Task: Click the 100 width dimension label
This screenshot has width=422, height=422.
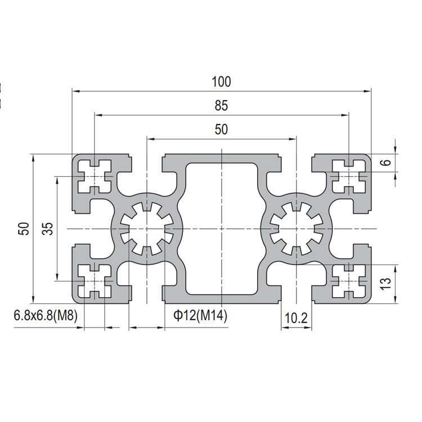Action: pos(221,82)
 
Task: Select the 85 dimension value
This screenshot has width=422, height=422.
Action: pos(221,105)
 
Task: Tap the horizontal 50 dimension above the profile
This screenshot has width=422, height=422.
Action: pos(221,129)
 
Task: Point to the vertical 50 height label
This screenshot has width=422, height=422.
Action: pos(23,228)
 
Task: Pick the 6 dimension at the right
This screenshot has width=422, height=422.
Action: pos(385,163)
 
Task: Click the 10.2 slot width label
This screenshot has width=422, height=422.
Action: pos(296,318)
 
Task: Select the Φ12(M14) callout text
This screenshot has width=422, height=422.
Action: pos(200,317)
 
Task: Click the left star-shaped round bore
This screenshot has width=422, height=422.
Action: pos(147,228)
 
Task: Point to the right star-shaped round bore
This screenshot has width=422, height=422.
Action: pos(296,228)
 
